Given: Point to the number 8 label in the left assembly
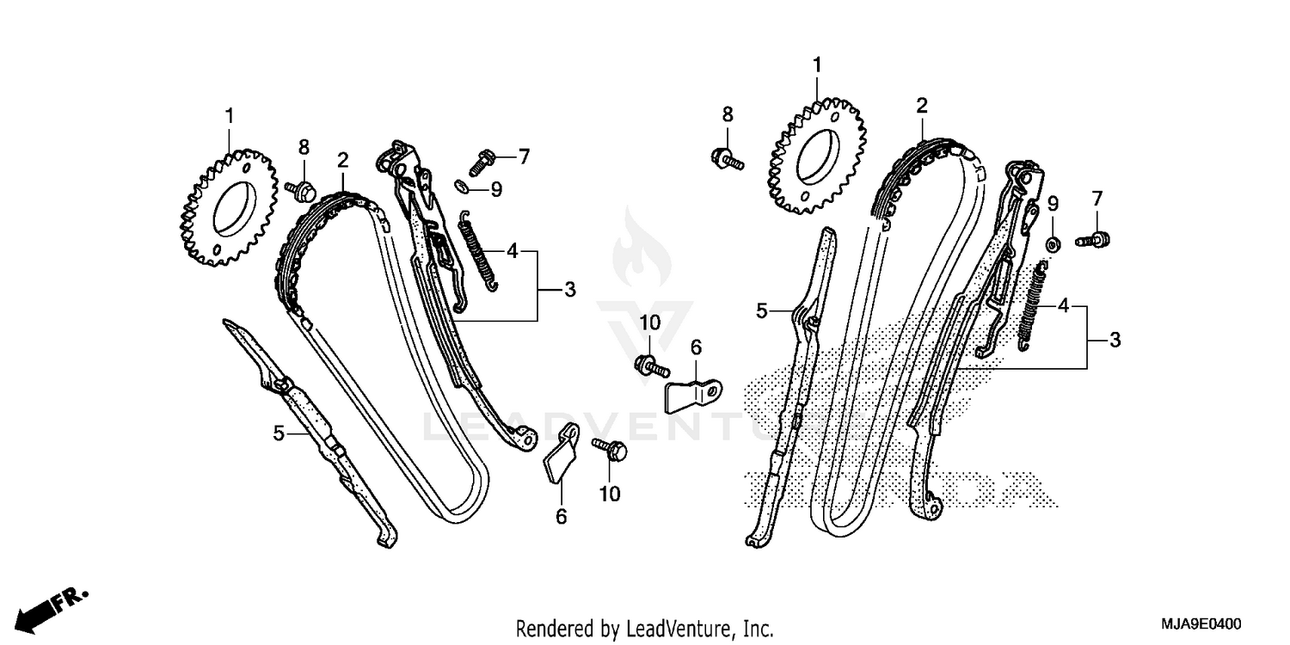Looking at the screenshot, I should pyautogui.click(x=303, y=147).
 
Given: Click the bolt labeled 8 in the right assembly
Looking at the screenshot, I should pyautogui.click(x=727, y=157).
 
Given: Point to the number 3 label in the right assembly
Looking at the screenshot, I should pyautogui.click(x=1115, y=340).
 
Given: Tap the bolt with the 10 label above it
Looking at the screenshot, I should pyautogui.click(x=651, y=365).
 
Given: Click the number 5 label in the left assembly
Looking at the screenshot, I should pyautogui.click(x=278, y=433).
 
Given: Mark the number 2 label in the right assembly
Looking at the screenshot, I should pyautogui.click(x=922, y=106).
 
